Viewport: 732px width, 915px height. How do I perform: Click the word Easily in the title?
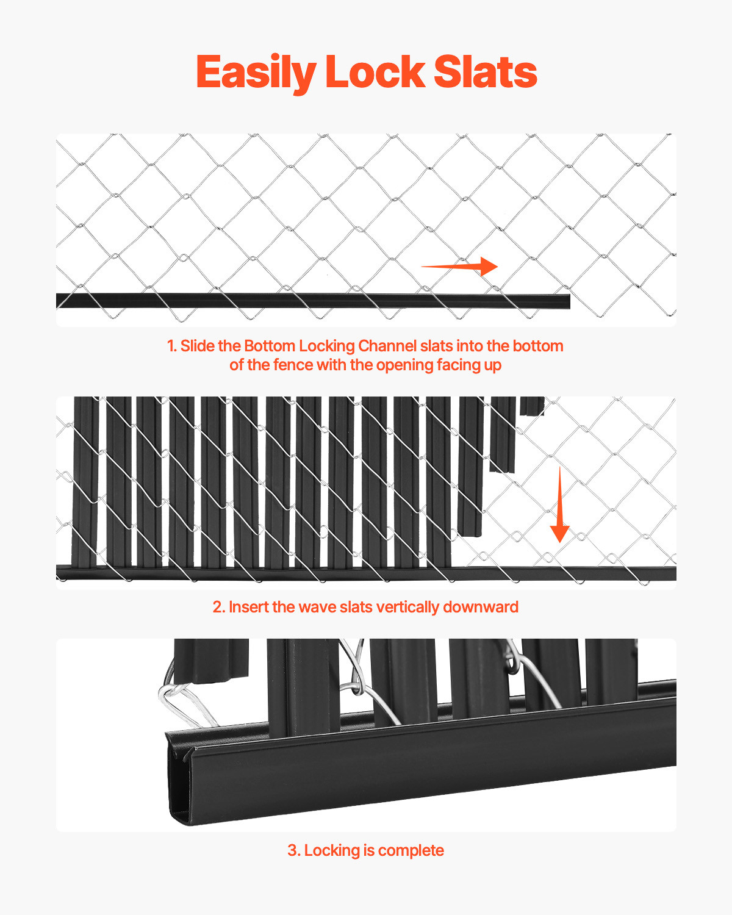[255, 73]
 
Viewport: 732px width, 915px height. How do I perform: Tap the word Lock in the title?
[375, 73]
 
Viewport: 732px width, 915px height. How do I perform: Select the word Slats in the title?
[486, 73]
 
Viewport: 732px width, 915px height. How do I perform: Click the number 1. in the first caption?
[172, 346]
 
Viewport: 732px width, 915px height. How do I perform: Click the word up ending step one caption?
[492, 365]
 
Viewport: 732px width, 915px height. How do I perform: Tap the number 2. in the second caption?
[219, 607]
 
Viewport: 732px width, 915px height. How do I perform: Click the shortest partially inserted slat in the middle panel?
[532, 406]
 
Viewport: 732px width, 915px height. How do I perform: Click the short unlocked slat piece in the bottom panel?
[211, 662]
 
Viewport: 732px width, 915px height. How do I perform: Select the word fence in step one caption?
[292, 365]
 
